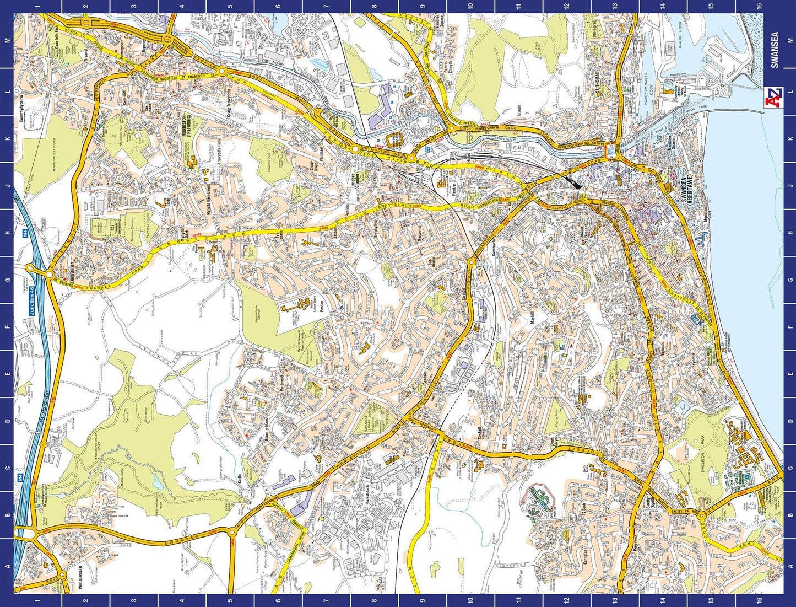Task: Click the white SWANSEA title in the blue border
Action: (x=775, y=50)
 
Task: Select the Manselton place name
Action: (x=419, y=237)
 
